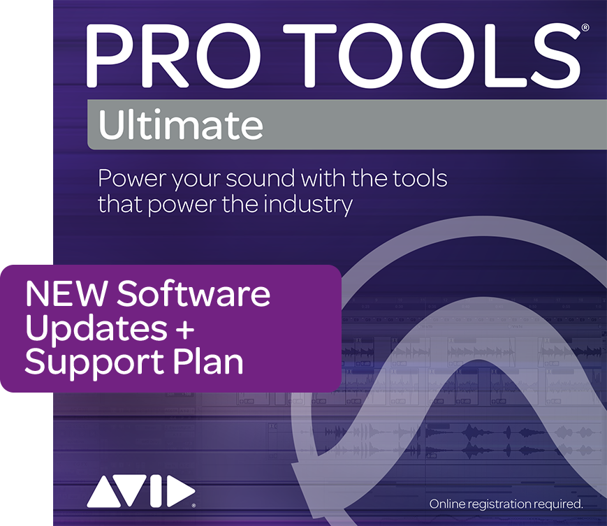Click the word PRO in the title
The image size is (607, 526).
coord(173,55)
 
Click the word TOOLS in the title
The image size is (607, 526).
coord(432,55)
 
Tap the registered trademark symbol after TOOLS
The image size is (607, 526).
coord(585,27)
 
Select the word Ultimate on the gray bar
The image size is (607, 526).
coord(181,124)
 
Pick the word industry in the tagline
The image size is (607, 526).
coord(308,205)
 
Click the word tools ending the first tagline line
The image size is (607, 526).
coord(420,178)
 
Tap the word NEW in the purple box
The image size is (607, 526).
coord(66,294)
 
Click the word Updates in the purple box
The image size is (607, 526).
coord(96,328)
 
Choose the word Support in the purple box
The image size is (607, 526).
coord(94,363)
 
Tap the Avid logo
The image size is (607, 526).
coord(141,491)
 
